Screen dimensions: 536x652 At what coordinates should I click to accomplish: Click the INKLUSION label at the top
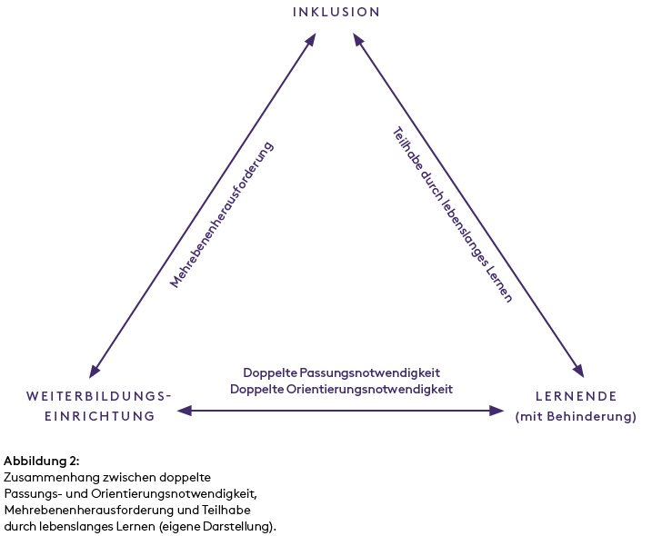tap(336, 12)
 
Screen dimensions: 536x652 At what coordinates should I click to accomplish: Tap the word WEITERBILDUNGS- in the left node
tap(99, 396)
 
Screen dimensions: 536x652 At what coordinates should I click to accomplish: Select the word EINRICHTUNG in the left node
tap(99, 416)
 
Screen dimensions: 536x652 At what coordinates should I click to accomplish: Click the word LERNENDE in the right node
tap(576, 396)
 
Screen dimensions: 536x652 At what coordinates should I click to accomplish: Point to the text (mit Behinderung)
tap(576, 417)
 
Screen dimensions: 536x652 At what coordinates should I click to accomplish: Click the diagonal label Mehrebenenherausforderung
tap(222, 215)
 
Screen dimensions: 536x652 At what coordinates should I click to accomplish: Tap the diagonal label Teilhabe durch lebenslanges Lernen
tap(452, 214)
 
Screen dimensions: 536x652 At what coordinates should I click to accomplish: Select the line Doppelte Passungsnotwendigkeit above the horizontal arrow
tap(341, 372)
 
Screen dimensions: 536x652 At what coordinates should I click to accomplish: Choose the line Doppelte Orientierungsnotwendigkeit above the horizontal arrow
tap(341, 388)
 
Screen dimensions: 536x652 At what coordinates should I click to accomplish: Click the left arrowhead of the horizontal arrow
tap(184, 411)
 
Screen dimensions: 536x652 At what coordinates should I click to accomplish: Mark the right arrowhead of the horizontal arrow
tap(497, 411)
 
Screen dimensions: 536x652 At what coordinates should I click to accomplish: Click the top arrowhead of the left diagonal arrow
tap(311, 39)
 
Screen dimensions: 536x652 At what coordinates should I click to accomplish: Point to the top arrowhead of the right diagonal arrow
tap(358, 39)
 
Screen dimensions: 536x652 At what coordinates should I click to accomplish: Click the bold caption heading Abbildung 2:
tap(42, 461)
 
